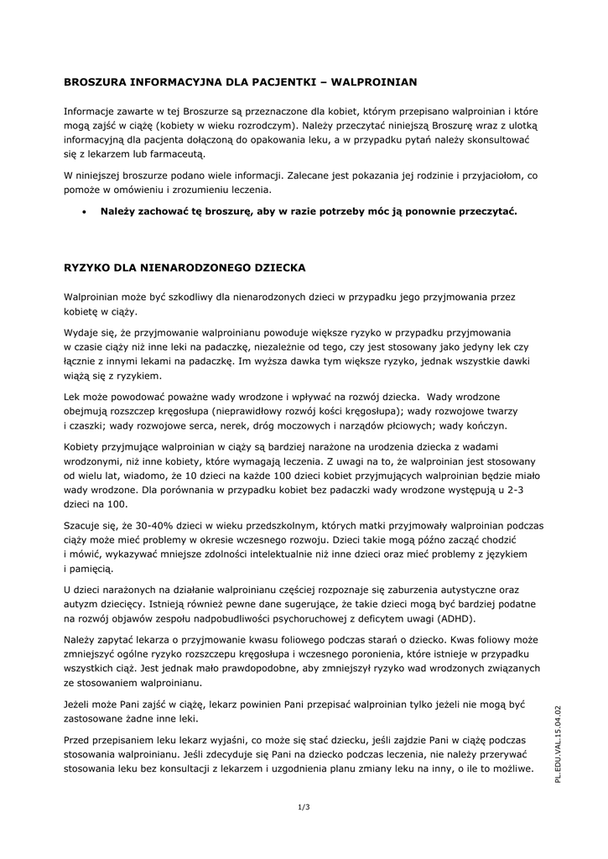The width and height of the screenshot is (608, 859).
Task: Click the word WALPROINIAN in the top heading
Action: [x=375, y=82]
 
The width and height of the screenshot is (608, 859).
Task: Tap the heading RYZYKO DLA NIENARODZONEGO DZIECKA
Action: [x=185, y=268]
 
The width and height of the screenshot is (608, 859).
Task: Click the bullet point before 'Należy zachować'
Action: [x=85, y=211]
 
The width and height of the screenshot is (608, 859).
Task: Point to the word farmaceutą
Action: [x=174, y=154]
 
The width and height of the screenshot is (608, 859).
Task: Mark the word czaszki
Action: [x=88, y=426]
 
